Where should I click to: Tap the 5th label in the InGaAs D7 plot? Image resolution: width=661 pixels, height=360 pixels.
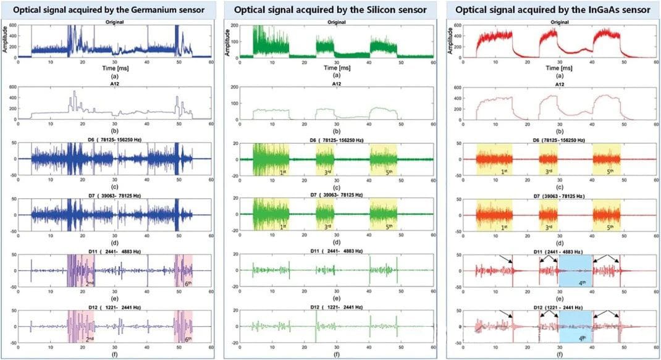click(x=612, y=227)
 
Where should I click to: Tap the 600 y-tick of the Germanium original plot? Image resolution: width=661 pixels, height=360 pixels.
click(x=12, y=25)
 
